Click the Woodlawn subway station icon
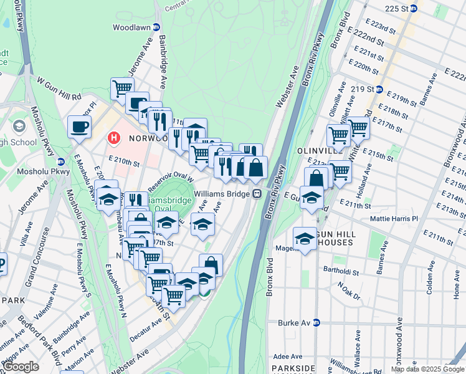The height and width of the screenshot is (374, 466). [x=156, y=27]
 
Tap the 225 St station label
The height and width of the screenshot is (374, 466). [x=401, y=9]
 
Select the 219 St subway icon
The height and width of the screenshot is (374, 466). [x=378, y=89]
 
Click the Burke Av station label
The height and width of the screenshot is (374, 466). [x=298, y=323]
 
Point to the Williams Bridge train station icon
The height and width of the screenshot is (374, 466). [x=256, y=194]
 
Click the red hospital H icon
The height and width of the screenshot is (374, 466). [x=114, y=137]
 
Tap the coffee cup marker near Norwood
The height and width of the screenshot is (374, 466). [x=79, y=127]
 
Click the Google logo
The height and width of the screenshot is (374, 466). [x=22, y=367]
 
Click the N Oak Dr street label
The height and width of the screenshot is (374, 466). [x=349, y=290]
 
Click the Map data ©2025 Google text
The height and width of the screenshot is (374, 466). [x=428, y=369]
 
